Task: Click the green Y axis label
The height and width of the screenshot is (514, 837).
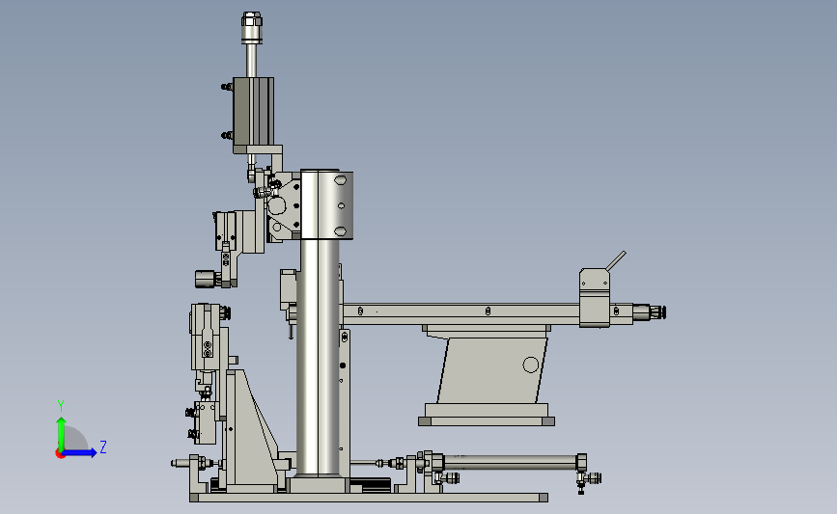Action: tap(61, 406)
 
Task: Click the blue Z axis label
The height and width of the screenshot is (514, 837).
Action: tap(103, 446)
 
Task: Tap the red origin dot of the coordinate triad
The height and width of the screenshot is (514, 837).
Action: tap(60, 454)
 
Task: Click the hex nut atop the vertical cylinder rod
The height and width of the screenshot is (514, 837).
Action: tap(251, 19)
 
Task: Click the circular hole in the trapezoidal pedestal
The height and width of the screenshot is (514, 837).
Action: tap(531, 365)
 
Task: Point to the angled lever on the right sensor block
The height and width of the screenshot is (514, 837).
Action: tap(616, 261)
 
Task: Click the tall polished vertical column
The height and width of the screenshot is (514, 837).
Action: tap(320, 356)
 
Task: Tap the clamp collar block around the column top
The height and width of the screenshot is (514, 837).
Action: tap(326, 204)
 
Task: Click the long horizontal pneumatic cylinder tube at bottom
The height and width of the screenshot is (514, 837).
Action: tap(510, 462)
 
